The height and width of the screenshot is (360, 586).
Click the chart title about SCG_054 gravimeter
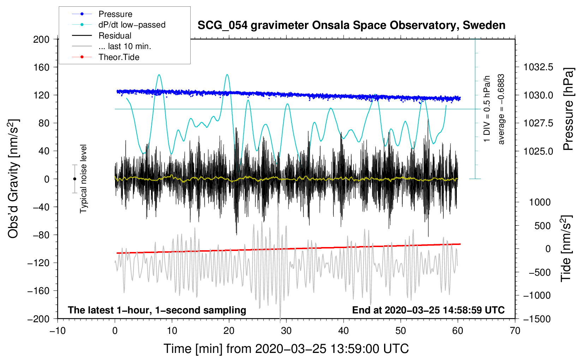pos(351,25)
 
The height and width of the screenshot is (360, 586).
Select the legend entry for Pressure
pos(115,14)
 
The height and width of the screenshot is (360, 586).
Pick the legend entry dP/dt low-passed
pos(132,25)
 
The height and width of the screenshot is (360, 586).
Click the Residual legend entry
pos(115,36)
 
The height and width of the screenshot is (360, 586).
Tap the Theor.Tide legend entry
pos(119,57)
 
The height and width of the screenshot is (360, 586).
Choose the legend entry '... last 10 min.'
pos(125,46)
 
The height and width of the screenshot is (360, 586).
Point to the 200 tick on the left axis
pos(41,39)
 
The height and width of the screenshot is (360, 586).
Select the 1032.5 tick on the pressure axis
pos(538,67)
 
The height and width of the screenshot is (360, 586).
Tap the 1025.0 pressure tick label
pos(538,151)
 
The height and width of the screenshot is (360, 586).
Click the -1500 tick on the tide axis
pos(537,319)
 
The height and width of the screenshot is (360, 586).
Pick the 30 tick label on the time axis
pos(286,331)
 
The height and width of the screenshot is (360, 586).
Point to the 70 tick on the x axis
pos(515,331)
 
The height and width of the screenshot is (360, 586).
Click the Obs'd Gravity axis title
pos(13,179)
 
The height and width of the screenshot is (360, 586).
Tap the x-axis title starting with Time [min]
pos(286,349)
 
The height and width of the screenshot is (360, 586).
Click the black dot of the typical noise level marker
pos(74,179)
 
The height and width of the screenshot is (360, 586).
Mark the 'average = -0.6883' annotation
pos(501,109)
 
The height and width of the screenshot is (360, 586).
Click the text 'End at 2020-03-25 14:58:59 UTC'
pos(428,310)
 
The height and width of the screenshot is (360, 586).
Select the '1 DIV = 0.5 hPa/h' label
pos(487,109)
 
